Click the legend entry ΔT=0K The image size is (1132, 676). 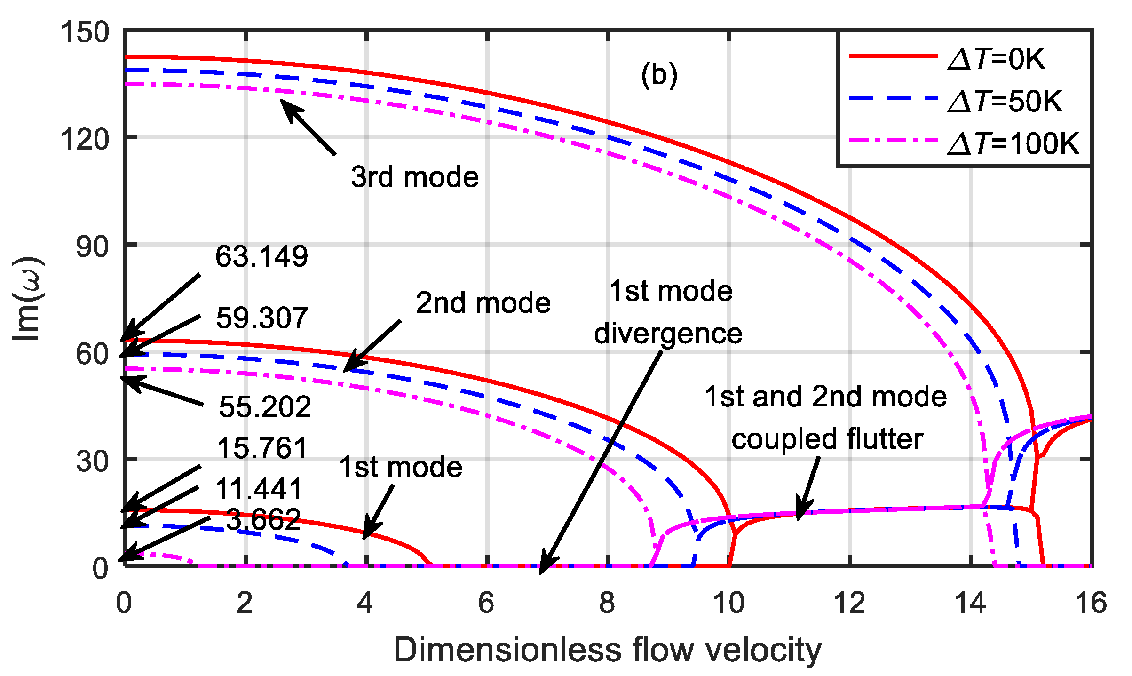coord(996,59)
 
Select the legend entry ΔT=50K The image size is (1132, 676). coord(1005,101)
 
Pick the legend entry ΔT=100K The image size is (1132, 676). coord(1013,143)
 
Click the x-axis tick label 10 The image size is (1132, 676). coord(728,603)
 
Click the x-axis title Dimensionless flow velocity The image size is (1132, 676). coord(607,650)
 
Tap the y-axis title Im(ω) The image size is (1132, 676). coord(27,298)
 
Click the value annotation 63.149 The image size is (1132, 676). coord(261,256)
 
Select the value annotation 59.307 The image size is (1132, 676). coord(262,318)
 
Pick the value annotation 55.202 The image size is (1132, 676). coord(265,406)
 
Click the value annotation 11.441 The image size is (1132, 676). coord(259,489)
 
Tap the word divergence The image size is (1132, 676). coord(668,334)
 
